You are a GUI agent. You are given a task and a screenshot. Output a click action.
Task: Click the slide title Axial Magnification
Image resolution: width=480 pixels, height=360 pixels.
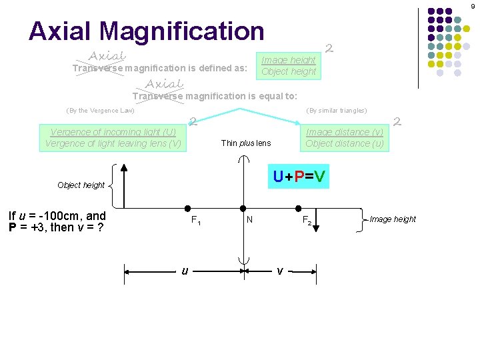(x=147, y=31)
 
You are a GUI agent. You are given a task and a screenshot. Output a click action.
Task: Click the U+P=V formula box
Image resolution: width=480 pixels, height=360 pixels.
(x=298, y=177)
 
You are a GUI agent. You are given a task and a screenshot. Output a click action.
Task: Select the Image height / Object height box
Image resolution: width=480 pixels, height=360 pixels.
(x=289, y=65)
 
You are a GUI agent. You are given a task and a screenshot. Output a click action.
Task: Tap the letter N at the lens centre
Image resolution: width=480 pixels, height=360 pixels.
(x=249, y=218)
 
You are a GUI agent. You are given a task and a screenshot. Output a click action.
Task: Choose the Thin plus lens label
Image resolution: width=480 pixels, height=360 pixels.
(x=246, y=143)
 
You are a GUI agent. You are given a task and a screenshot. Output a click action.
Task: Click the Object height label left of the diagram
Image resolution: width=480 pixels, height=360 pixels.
(x=81, y=185)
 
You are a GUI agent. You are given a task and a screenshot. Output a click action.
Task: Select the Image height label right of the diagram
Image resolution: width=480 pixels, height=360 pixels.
(x=393, y=219)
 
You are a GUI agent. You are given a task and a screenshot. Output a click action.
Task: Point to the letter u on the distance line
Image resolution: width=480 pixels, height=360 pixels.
(x=185, y=270)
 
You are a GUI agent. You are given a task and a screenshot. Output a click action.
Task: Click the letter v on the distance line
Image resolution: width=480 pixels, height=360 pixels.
(x=280, y=270)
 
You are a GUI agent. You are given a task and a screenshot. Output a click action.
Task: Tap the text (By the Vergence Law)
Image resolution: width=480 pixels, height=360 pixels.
(x=100, y=111)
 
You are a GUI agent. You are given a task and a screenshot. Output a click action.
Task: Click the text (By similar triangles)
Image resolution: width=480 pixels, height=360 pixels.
(x=336, y=111)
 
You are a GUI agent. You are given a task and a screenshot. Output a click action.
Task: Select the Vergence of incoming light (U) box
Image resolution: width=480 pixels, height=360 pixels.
(x=113, y=137)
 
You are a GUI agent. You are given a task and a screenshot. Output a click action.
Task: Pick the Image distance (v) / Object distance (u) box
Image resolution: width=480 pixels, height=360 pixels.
(x=345, y=137)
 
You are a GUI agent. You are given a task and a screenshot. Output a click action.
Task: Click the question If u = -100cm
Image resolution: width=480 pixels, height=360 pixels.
(x=57, y=221)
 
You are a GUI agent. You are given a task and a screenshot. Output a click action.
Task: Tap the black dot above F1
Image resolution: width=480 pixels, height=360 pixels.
(x=189, y=208)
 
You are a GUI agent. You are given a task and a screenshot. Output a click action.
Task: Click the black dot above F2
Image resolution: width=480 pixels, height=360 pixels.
(x=300, y=208)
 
